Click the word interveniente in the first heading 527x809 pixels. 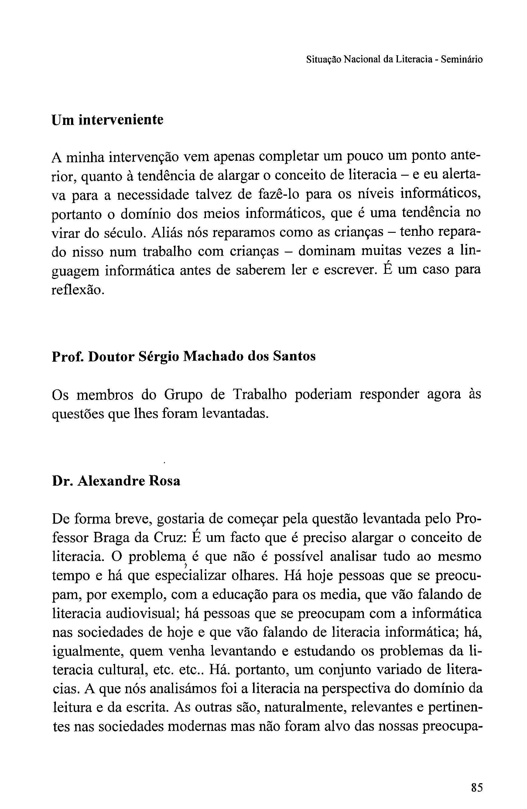pos(121,120)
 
